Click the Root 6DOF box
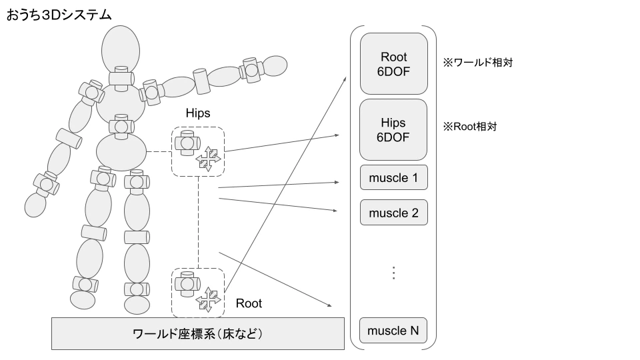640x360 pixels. click(393, 63)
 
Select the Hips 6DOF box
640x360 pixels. click(393, 130)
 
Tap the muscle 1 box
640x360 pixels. click(393, 177)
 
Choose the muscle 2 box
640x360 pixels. click(393, 213)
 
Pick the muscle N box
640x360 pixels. click(393, 331)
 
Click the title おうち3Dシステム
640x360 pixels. click(59, 14)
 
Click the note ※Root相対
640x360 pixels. click(470, 125)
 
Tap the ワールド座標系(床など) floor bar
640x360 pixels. click(198, 333)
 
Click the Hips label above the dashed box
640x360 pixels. click(197, 113)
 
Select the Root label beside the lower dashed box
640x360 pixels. click(249, 304)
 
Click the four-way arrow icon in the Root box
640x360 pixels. click(208, 299)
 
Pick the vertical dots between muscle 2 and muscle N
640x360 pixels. click(393, 273)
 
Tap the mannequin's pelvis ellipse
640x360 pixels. click(121, 152)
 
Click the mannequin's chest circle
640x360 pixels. click(120, 102)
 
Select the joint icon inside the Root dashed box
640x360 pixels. click(185, 284)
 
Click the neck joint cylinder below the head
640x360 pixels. click(121, 77)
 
